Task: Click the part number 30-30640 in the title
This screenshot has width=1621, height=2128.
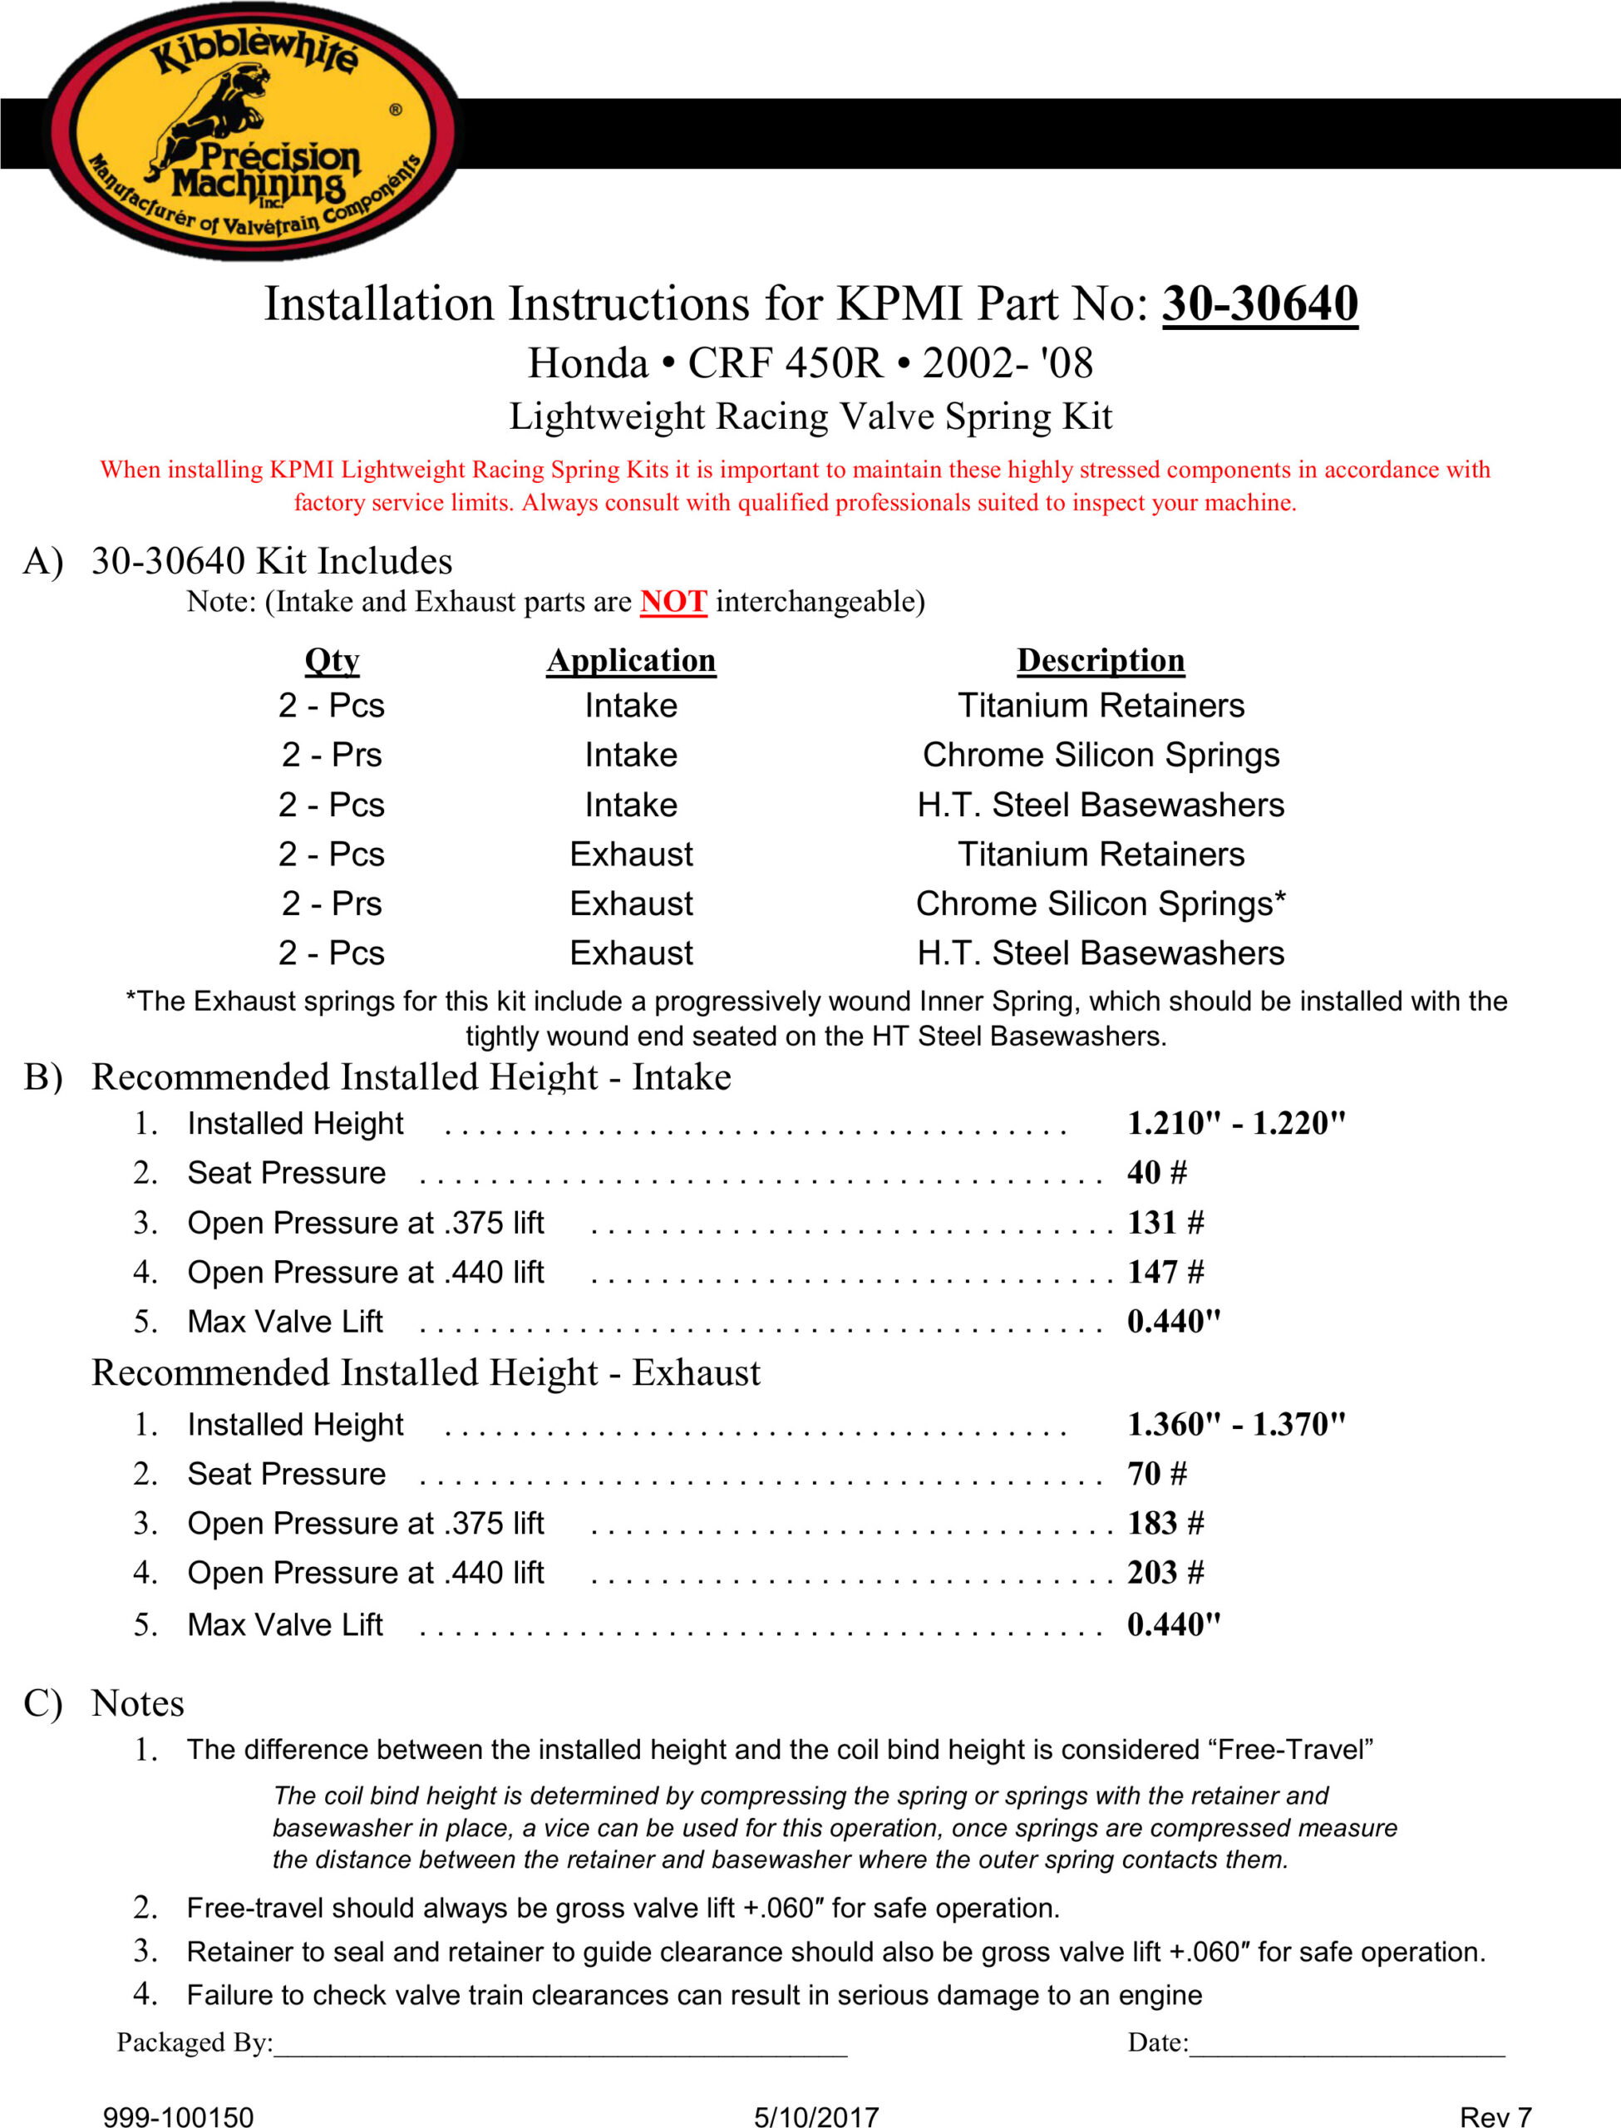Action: pyautogui.click(x=1259, y=305)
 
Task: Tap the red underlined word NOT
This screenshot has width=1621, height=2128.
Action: pyautogui.click(x=673, y=602)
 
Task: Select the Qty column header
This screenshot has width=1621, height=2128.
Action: pyautogui.click(x=332, y=661)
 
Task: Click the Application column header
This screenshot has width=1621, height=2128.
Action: pyautogui.click(x=631, y=661)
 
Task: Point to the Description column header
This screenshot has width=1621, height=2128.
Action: pyautogui.click(x=1100, y=661)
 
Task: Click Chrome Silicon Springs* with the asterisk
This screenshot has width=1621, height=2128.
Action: pyautogui.click(x=1100, y=904)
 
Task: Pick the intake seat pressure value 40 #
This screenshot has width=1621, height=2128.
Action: pyautogui.click(x=1157, y=1173)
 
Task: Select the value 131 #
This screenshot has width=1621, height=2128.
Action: pyautogui.click(x=1165, y=1223)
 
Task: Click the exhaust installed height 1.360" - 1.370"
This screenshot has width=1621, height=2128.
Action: pyautogui.click(x=1236, y=1425)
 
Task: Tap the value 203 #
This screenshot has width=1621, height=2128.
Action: pyautogui.click(x=1165, y=1574)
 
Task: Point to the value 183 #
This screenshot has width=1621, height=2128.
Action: pyautogui.click(x=1165, y=1525)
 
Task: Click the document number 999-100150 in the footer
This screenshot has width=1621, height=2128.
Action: pyautogui.click(x=179, y=2116)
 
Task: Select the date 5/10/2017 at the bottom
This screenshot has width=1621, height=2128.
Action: pyautogui.click(x=816, y=2116)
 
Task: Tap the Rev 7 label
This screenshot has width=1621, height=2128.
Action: pyautogui.click(x=1495, y=2116)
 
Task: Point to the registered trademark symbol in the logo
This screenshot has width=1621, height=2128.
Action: pyautogui.click(x=396, y=110)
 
